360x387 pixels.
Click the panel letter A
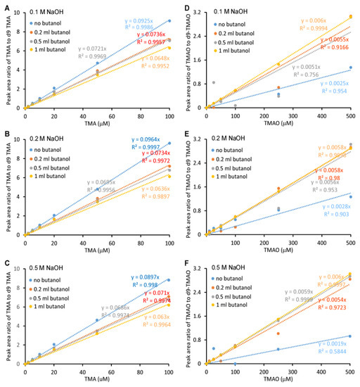(5, 6)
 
